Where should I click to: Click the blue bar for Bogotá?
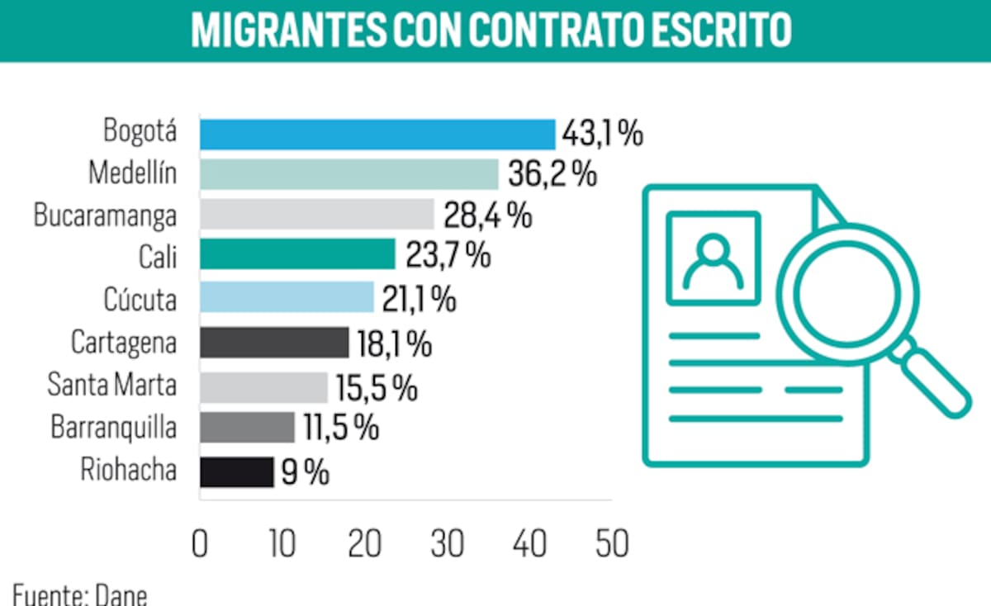pyautogui.click(x=377, y=134)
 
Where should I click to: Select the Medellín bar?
pyautogui.click(x=349, y=175)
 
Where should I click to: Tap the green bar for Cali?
pyautogui.click(x=297, y=254)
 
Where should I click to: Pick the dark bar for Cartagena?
pyautogui.click(x=274, y=343)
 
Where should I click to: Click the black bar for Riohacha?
pyautogui.click(x=236, y=472)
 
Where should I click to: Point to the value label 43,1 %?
pyautogui.click(x=602, y=133)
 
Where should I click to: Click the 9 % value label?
pyautogui.click(x=305, y=472)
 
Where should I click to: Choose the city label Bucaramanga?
pyautogui.click(x=105, y=215)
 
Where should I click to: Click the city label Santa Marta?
pyautogui.click(x=111, y=386)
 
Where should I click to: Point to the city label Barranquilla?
pyautogui.click(x=113, y=428)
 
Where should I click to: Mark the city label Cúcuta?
pyautogui.click(x=140, y=300)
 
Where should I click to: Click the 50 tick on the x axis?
pyautogui.click(x=611, y=544)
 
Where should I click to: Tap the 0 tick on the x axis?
pyautogui.click(x=200, y=544)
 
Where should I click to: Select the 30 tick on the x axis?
pyautogui.click(x=447, y=544)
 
